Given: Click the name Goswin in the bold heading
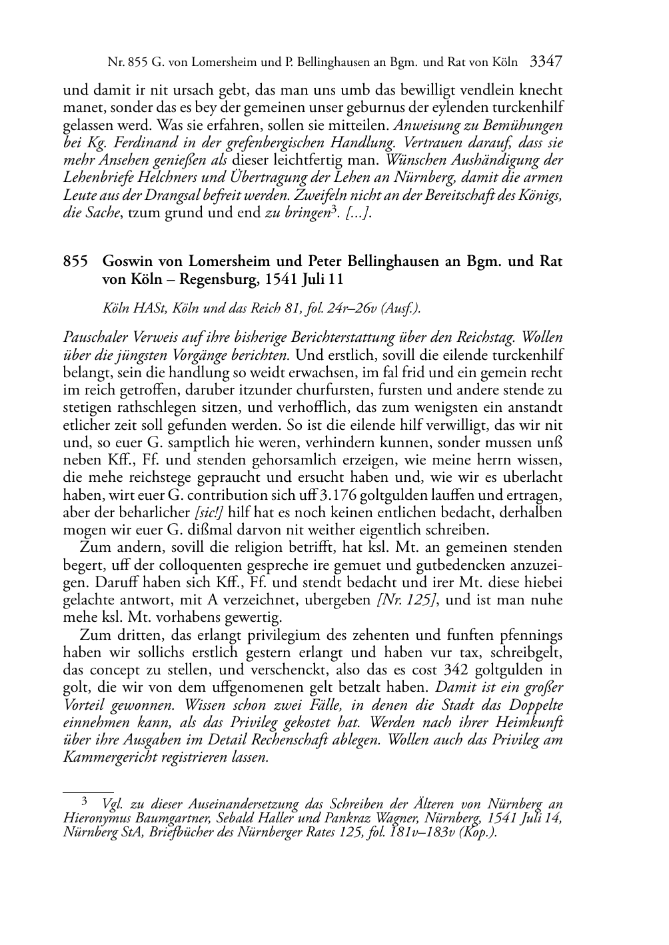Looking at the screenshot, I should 125,261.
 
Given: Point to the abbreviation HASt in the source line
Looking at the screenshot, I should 145,309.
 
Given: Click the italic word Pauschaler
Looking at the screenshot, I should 94,338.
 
